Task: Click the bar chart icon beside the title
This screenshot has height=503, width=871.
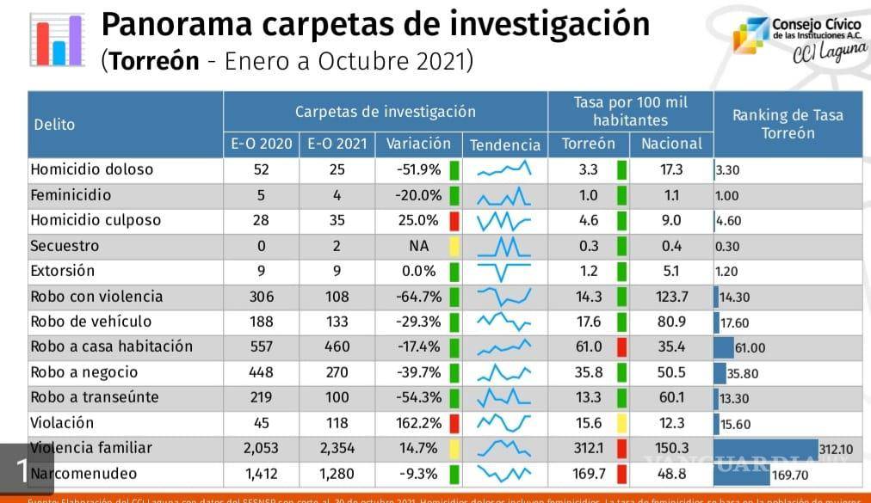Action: tap(57, 40)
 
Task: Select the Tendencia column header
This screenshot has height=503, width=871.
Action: tap(506, 144)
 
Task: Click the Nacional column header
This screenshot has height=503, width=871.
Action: tap(671, 144)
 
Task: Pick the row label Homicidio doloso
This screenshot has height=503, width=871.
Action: tap(91, 169)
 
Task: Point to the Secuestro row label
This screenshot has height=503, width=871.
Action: tap(65, 246)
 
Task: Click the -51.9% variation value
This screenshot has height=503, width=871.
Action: tap(418, 169)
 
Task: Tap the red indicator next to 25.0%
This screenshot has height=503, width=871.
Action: tap(454, 220)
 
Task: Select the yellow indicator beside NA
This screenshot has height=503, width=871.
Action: tap(454, 246)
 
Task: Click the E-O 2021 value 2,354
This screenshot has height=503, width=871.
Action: tap(337, 448)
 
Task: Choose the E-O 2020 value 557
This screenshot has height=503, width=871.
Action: tap(261, 347)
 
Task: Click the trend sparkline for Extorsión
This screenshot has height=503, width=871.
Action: tap(505, 272)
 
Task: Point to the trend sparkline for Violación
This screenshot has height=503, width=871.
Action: tap(505, 423)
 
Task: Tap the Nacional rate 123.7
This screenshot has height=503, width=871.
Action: tap(671, 297)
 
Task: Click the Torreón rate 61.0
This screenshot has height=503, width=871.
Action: tap(589, 347)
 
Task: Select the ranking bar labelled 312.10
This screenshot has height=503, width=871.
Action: tap(766, 448)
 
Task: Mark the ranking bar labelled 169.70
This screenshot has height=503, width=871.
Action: tap(742, 474)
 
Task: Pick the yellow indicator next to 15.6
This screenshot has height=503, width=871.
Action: tap(621, 423)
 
